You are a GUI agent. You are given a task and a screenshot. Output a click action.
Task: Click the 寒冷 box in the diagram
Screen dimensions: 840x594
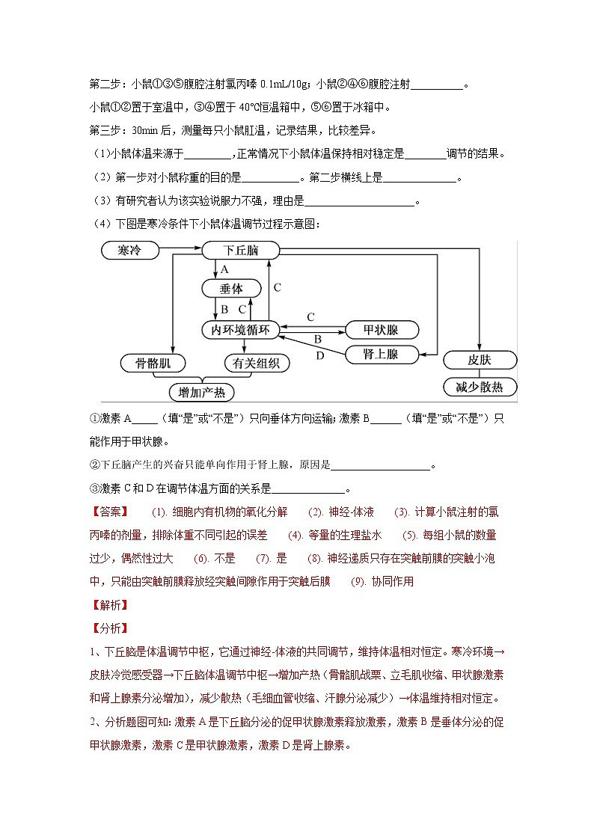pos(129,250)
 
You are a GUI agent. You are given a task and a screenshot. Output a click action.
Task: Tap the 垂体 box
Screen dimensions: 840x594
pos(231,289)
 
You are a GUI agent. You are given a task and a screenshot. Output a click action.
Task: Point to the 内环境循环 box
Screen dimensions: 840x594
pos(240,329)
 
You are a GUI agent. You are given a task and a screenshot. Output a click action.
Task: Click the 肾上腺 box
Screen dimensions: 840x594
pos(381,355)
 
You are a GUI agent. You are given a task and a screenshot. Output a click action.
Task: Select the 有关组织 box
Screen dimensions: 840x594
pos(257,364)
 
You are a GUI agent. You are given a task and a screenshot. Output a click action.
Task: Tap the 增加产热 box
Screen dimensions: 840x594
pos(201,392)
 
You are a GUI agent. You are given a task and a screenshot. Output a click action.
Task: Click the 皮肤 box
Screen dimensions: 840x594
pos(480,360)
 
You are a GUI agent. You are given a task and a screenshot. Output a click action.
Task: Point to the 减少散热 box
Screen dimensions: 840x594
pos(480,387)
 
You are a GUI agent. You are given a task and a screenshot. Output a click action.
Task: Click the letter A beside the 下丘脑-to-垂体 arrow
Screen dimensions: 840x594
pos(224,269)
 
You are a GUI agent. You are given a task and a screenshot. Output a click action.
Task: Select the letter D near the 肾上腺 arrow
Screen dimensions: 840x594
pos(320,355)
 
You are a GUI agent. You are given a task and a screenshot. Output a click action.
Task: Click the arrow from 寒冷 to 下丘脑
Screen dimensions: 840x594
pos(180,249)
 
